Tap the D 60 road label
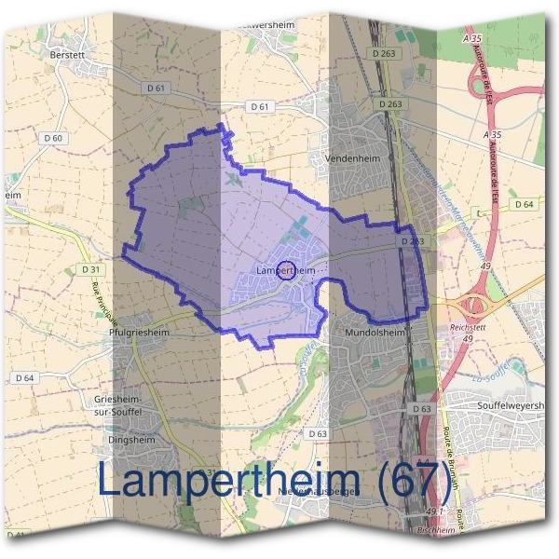point(54,139)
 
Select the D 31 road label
point(90,269)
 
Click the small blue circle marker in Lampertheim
point(287,271)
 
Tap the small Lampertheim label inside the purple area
point(284,270)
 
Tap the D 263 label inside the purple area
point(412,241)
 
